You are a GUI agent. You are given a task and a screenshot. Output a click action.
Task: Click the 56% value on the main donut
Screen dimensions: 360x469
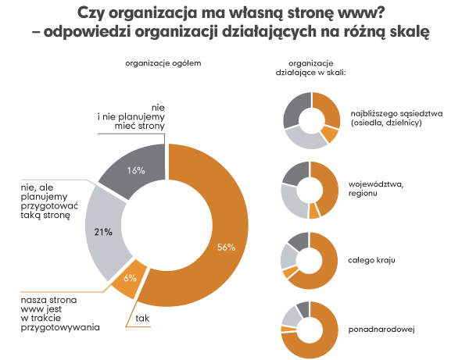(x=226, y=248)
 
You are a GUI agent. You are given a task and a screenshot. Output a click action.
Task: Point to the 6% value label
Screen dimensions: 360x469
(x=131, y=277)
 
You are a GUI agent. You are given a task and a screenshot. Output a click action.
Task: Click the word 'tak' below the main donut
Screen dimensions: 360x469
(x=142, y=319)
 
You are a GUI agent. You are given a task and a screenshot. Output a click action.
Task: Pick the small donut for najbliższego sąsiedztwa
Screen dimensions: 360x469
(x=311, y=120)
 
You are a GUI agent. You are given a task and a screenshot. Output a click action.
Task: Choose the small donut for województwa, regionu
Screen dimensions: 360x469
(x=311, y=190)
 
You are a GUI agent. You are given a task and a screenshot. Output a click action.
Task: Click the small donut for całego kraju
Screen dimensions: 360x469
(x=311, y=259)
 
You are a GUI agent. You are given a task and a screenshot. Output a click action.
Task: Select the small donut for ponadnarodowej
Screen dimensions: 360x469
(x=311, y=329)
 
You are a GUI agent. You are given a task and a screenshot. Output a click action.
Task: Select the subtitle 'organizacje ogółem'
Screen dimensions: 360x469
(x=159, y=62)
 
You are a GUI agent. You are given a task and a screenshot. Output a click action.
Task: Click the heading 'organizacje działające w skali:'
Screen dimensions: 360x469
(x=310, y=67)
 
